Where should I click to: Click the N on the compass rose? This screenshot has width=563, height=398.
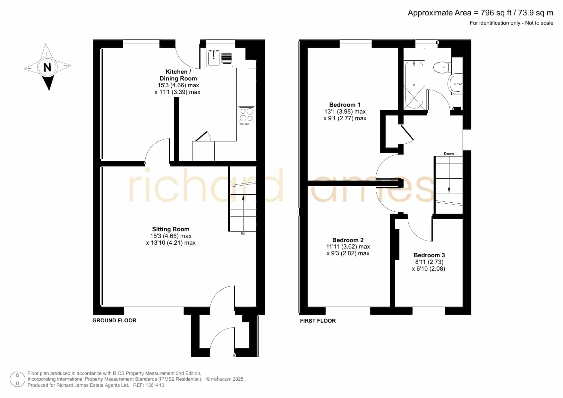47,67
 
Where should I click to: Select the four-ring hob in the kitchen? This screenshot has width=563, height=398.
246,116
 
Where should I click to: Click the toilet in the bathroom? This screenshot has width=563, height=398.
441,68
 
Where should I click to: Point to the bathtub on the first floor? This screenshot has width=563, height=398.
414,86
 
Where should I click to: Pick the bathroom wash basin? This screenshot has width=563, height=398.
456,84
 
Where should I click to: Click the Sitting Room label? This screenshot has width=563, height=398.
171,229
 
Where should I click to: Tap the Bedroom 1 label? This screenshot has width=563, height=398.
345,105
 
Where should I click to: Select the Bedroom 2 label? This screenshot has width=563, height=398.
348,240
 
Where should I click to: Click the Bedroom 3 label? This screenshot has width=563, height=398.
429,255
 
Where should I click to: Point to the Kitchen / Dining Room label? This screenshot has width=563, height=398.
178,75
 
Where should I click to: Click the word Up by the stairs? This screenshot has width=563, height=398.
243,233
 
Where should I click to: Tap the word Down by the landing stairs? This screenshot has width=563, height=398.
449,154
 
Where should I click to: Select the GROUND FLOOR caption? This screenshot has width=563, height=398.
115,320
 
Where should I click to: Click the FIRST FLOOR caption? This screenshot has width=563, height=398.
318,321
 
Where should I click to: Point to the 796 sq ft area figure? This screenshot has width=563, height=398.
496,13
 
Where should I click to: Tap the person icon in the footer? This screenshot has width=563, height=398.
17,379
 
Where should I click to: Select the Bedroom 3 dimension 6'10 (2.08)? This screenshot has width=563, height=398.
429,269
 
